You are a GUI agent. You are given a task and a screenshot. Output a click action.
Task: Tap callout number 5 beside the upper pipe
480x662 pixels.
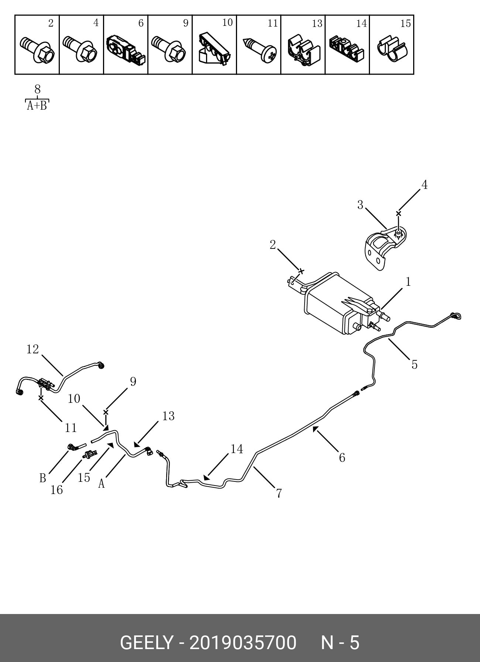414,364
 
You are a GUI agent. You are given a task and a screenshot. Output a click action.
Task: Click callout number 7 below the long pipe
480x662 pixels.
279,493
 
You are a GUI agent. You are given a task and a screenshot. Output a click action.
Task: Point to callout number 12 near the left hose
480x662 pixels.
32,349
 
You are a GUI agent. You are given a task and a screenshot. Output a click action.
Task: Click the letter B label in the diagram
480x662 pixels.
43,478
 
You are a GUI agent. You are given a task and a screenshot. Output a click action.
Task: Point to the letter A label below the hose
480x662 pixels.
102,484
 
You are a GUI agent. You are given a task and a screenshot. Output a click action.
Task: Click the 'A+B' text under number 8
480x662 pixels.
37,106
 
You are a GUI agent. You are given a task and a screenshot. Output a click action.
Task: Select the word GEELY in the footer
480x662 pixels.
147,643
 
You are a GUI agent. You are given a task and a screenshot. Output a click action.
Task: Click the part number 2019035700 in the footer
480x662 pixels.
243,643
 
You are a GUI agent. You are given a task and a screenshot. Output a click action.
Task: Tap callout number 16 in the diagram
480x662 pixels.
56,490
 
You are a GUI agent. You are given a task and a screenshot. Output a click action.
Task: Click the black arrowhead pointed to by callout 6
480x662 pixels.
315,429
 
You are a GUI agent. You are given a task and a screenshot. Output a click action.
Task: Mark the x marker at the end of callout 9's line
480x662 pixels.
106,412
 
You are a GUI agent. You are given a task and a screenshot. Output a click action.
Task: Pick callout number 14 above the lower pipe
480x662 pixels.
237,449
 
